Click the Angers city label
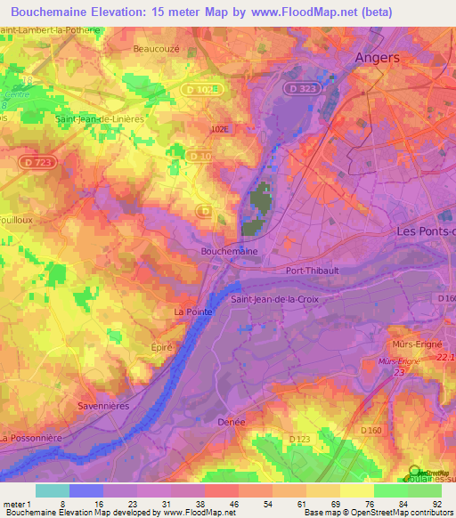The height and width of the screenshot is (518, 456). [x=377, y=57]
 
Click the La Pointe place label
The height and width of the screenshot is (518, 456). [x=192, y=312]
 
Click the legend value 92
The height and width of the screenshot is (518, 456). [x=436, y=503]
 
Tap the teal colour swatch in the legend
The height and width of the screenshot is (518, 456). [x=52, y=490]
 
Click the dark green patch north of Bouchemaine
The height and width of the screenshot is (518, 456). [x=259, y=205]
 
